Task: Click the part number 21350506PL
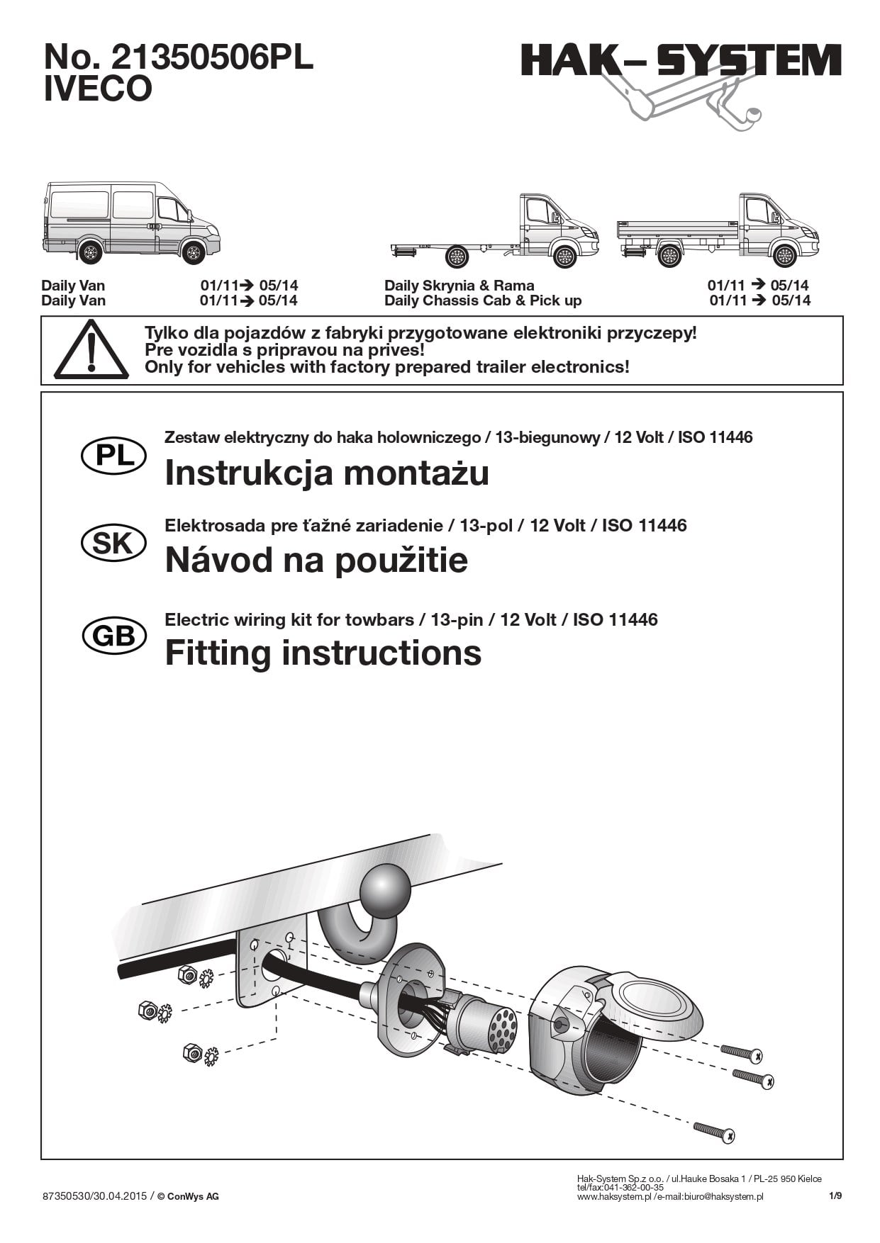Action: point(212,57)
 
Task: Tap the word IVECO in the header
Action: point(98,89)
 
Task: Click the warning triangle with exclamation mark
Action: point(91,349)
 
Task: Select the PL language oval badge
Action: point(114,455)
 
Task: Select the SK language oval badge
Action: point(114,544)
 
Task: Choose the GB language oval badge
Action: point(114,636)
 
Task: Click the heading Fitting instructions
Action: point(323,653)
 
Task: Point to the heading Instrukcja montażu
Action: point(327,473)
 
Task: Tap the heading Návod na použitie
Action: point(316,560)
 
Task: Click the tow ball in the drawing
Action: point(386,892)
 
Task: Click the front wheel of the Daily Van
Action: point(193,252)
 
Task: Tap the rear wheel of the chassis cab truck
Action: point(457,257)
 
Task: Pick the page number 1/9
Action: point(835,1196)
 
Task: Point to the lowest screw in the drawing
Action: point(714,1132)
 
